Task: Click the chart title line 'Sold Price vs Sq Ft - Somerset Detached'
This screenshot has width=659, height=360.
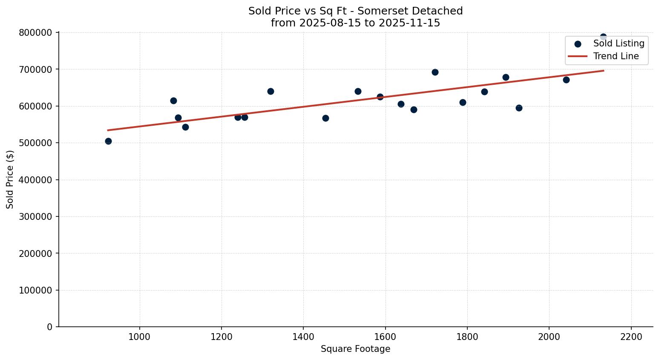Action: click(355, 11)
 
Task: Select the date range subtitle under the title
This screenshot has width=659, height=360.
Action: click(355, 23)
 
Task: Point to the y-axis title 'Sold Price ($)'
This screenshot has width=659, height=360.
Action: click(10, 179)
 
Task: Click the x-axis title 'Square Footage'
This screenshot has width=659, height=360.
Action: click(355, 349)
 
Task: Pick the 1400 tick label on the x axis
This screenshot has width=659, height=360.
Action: click(303, 337)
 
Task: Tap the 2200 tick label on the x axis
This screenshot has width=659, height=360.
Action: click(631, 337)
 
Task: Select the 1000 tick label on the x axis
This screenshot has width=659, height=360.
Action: click(139, 337)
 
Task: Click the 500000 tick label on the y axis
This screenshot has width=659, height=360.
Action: click(36, 143)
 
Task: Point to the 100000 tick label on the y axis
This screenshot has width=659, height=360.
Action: click(36, 291)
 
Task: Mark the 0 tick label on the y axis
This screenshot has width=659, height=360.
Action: click(49, 327)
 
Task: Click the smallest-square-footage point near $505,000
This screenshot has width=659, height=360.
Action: click(108, 141)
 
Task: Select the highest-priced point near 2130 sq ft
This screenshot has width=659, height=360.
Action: click(603, 37)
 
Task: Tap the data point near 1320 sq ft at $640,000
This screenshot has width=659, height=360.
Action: click(271, 91)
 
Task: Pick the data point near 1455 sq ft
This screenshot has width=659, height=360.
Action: click(325, 118)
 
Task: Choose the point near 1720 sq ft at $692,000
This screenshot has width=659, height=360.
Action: click(435, 72)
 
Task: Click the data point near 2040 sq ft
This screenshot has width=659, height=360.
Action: click(566, 80)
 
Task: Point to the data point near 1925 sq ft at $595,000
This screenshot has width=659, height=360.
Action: click(519, 108)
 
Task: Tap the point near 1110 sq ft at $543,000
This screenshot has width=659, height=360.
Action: click(185, 127)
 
